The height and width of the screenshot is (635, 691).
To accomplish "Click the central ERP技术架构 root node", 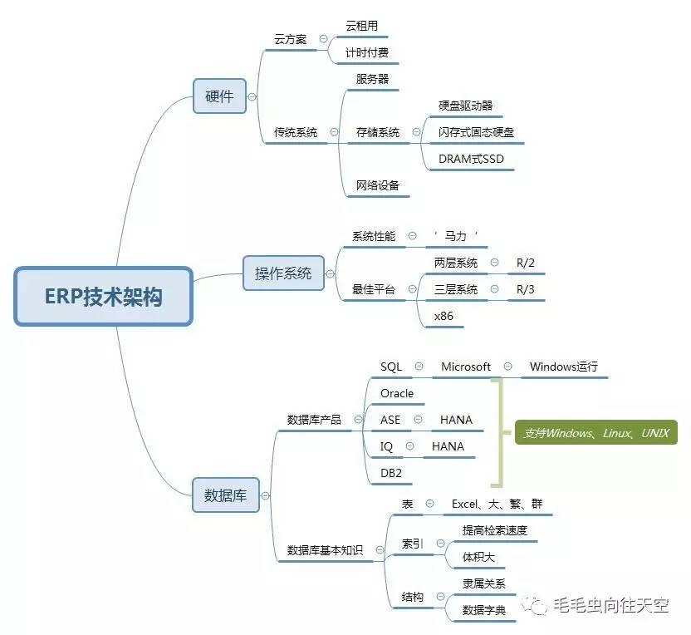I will [x=103, y=297].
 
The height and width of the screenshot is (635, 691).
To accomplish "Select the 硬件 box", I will [x=219, y=96].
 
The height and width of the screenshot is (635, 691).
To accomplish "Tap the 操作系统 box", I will [x=283, y=273].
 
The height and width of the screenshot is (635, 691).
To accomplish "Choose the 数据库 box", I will [x=225, y=496].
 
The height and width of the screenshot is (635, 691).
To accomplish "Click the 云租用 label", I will [x=361, y=26].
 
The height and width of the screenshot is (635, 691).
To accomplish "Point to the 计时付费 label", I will [x=366, y=52].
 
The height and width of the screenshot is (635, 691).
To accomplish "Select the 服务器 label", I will [x=366, y=79].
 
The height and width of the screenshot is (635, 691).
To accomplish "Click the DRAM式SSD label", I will [x=471, y=159].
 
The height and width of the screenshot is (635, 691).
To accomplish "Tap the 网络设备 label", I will [x=377, y=185].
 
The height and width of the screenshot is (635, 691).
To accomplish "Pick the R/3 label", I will [x=525, y=289].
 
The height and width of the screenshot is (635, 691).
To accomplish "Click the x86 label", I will [x=444, y=316].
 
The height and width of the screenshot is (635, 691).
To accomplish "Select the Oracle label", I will [x=397, y=393].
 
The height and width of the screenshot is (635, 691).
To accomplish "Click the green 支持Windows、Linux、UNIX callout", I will [x=595, y=433].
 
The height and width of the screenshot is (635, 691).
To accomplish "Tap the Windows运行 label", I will [x=563, y=367].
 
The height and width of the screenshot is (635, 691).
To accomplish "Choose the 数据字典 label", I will [x=483, y=610].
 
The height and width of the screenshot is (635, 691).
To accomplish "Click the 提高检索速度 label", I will [x=495, y=530].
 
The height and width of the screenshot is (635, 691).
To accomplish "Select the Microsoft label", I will [x=465, y=367].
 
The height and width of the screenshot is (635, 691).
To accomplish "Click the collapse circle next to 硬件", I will [x=252, y=96].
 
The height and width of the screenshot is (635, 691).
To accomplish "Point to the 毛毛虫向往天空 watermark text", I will [x=610, y=606].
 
